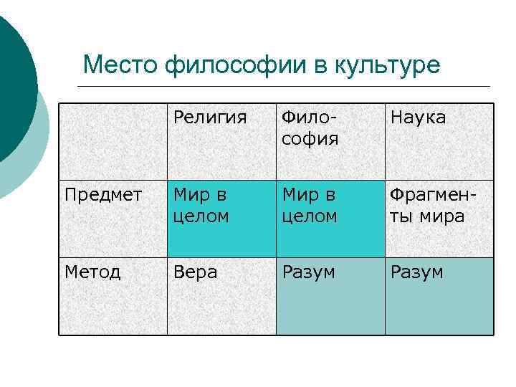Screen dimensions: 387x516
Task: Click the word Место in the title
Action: pos(119,65)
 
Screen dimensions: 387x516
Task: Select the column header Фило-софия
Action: pos(310,127)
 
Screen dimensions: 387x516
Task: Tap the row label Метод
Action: pos(92,272)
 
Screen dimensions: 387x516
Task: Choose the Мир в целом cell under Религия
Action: pos(201,205)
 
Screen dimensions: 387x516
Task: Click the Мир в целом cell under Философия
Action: pos(310,205)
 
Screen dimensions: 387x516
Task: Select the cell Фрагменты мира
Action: pos(429,205)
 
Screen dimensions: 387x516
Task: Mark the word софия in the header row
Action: pos(310,138)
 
